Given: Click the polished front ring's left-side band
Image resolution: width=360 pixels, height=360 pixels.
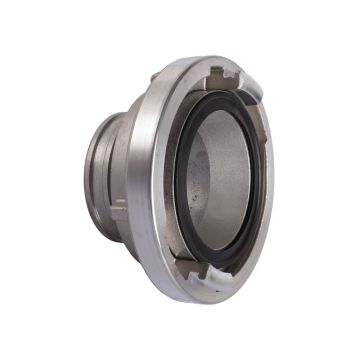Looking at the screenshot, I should [160, 180].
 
